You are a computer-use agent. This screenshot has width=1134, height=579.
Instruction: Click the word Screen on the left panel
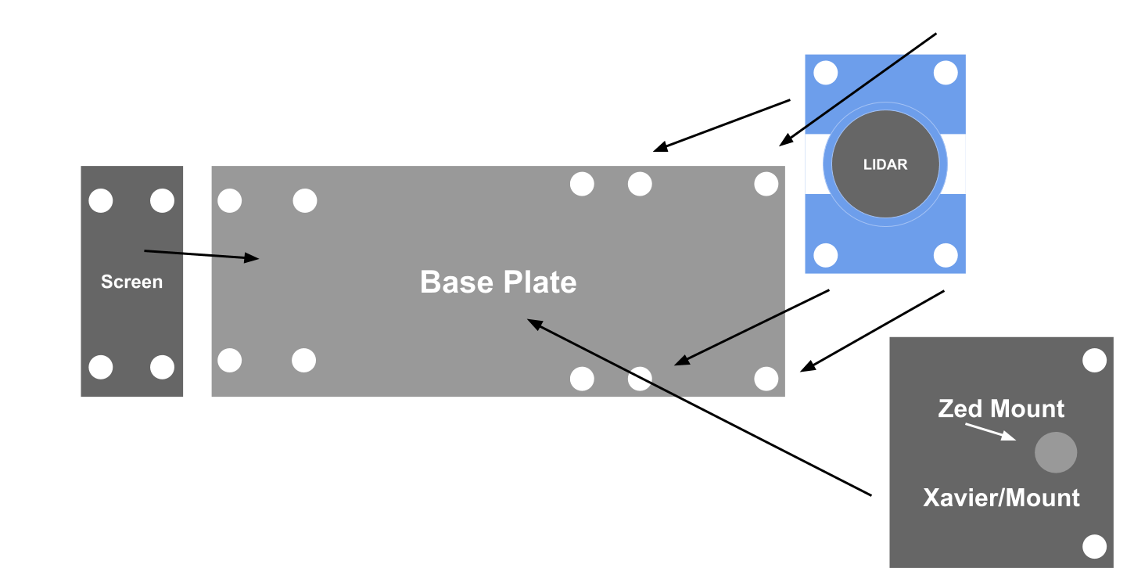(131, 282)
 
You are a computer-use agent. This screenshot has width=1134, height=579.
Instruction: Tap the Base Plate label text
(498, 282)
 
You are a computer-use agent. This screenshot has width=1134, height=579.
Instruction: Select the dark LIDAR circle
(885, 164)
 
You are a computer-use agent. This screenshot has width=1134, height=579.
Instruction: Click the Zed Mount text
(1001, 408)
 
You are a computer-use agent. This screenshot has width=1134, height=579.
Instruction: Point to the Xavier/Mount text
(1001, 498)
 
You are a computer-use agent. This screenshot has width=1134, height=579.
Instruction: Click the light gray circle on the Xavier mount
(1056, 452)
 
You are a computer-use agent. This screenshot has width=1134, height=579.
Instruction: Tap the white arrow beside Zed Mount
(990, 432)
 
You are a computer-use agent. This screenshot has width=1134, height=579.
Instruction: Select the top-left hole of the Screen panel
(101, 201)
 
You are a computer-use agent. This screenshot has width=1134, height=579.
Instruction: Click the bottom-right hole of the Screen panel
(162, 367)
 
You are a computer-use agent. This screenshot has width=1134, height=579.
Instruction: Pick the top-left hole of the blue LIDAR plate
(826, 73)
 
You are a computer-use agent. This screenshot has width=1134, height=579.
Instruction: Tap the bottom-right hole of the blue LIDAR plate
(946, 255)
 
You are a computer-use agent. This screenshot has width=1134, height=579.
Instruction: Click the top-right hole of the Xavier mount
(1094, 361)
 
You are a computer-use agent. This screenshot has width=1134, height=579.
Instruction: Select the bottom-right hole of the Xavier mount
(1094, 546)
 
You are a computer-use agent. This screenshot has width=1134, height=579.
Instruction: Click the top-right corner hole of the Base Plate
(766, 185)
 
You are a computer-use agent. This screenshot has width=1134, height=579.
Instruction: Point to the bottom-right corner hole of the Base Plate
(766, 379)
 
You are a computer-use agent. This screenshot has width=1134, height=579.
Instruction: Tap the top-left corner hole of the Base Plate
(229, 201)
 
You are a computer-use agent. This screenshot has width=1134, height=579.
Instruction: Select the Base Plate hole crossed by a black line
(640, 379)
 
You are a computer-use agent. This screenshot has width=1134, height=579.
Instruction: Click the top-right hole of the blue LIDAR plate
(946, 73)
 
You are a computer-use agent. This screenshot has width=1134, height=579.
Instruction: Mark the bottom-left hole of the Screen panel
(101, 367)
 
